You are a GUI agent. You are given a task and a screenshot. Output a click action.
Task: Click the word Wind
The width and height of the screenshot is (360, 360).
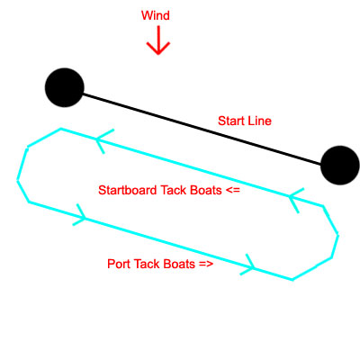[x=156, y=15]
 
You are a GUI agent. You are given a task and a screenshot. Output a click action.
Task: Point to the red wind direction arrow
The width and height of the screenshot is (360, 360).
[x=158, y=40]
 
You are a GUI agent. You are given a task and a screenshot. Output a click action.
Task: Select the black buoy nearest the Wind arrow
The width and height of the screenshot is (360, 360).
[x=65, y=87]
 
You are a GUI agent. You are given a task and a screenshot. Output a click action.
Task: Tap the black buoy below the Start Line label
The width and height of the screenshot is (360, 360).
[x=340, y=166]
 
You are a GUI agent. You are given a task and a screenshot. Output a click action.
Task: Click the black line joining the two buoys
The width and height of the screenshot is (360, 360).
[x=202, y=130]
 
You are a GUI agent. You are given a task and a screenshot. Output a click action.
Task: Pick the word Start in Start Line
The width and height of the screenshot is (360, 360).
[x=230, y=121]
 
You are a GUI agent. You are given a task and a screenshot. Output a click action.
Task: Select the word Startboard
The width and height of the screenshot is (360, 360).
[x=128, y=190]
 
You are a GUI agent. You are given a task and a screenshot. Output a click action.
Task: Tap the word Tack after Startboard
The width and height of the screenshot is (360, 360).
[x=174, y=190]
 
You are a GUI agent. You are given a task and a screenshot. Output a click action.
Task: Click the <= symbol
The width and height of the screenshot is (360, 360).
[x=232, y=191]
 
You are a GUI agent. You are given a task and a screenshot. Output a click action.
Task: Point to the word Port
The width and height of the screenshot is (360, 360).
[x=119, y=264]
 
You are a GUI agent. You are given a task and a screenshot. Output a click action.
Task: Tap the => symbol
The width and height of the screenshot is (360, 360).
[x=206, y=265]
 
